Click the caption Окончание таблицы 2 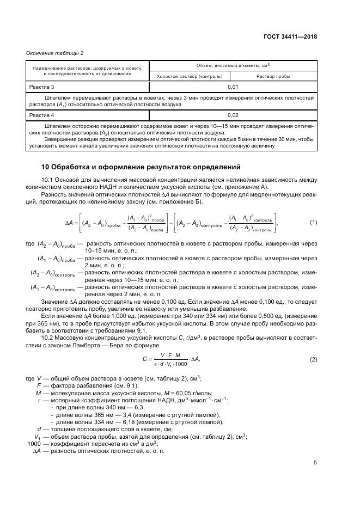tap(55, 53)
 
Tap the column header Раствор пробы tap(273, 76)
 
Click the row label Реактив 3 tap(41, 87)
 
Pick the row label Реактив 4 tap(41, 115)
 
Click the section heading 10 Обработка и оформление tap(141, 167)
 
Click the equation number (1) tap(313, 222)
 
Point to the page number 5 tap(315, 463)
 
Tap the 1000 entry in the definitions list tap(34, 443)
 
